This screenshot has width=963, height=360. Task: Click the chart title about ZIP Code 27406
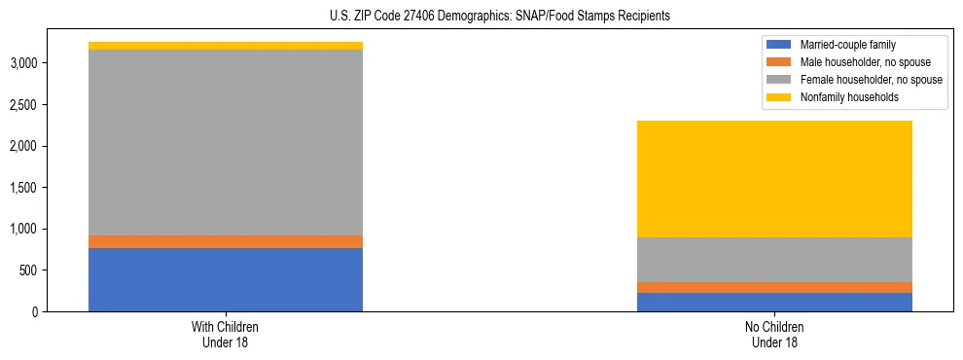[481, 17]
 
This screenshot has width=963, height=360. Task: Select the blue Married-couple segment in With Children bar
[226, 279]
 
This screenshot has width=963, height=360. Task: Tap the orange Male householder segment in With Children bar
[226, 241]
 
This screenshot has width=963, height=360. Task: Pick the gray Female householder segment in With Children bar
[226, 142]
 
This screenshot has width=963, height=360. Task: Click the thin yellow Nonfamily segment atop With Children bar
[226, 46]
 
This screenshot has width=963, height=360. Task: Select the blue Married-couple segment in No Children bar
[774, 302]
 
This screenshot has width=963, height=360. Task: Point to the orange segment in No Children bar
[774, 287]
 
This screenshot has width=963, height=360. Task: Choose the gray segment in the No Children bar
[774, 260]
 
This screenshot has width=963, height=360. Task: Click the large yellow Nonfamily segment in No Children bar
[774, 179]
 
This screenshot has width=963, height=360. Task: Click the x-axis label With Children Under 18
[226, 334]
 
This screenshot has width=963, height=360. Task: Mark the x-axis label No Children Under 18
[774, 334]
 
